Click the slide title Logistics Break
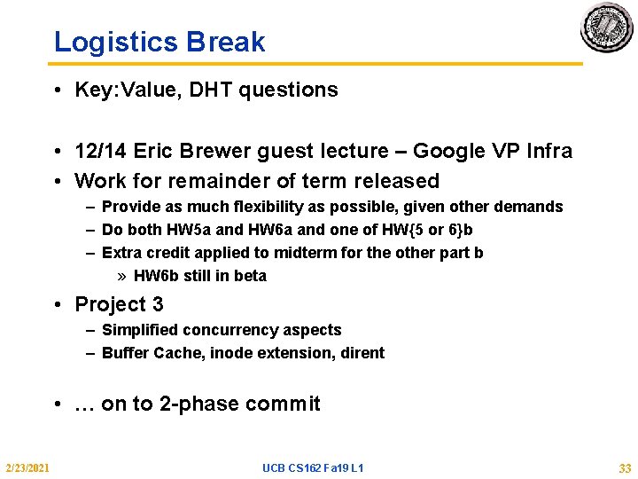pyautogui.click(x=159, y=42)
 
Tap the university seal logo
pyautogui.click(x=607, y=28)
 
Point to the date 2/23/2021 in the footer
pyautogui.click(x=27, y=467)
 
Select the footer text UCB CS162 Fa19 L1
pyautogui.click(x=313, y=467)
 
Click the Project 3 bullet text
pyautogui.click(x=119, y=304)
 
